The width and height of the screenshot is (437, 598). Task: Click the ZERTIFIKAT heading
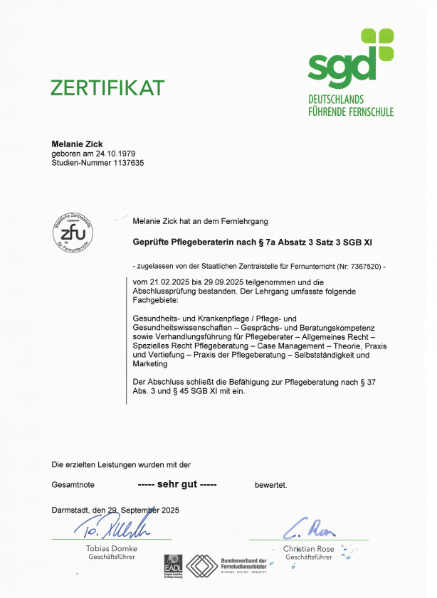107,87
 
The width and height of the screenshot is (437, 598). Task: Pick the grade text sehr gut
177,484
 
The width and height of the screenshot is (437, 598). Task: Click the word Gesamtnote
73,485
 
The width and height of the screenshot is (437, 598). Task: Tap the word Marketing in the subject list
150,364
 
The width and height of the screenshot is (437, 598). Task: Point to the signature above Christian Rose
310,529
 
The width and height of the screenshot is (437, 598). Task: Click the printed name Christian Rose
309,549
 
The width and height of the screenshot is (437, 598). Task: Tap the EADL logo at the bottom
173,566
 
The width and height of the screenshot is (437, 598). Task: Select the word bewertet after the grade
270,485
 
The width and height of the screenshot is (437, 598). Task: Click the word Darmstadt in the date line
72,510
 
